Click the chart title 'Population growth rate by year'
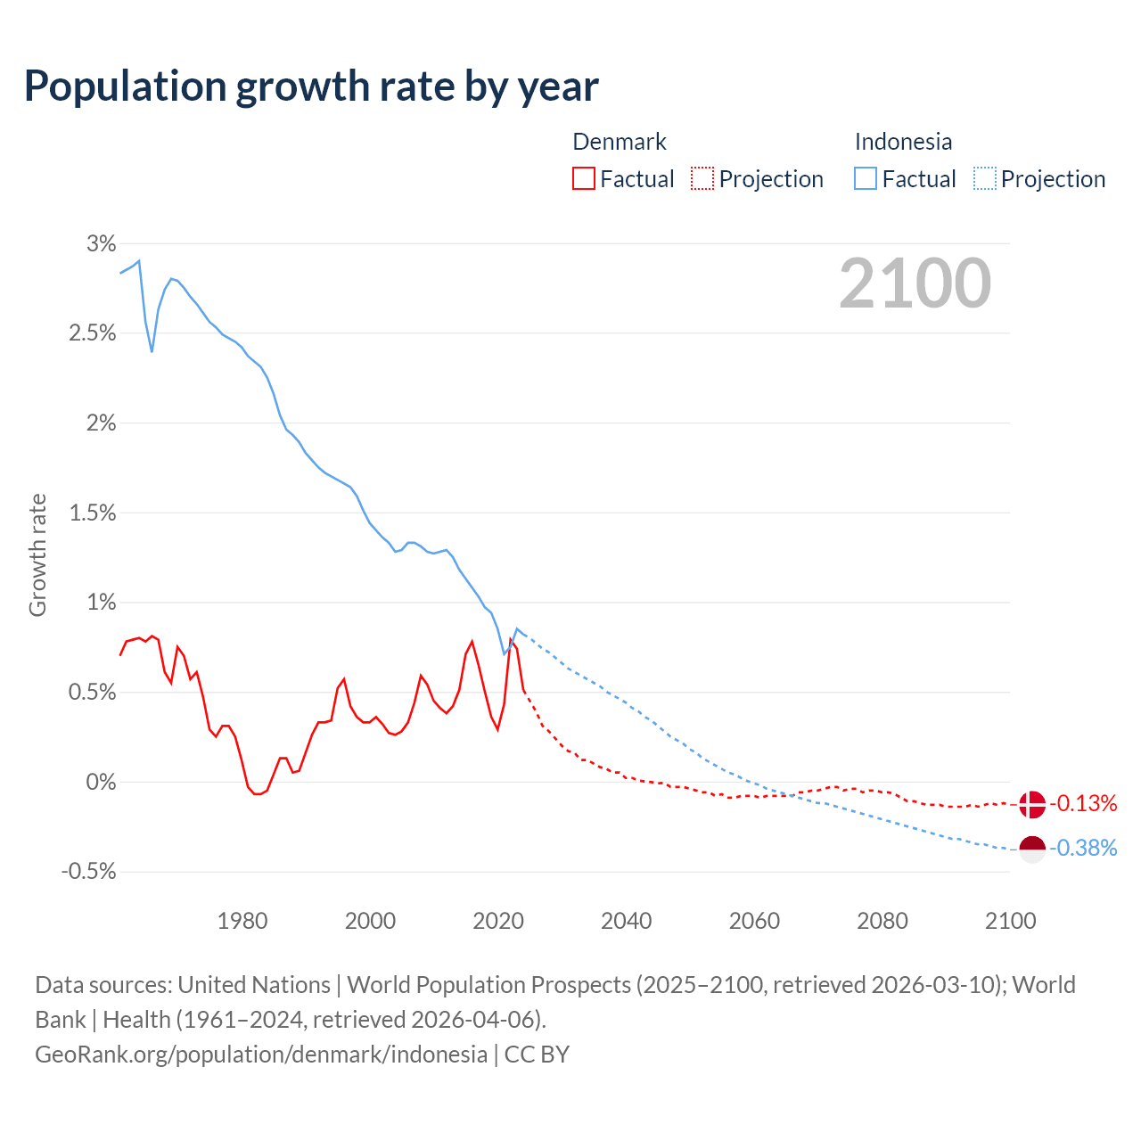(x=311, y=86)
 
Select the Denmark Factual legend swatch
(x=584, y=179)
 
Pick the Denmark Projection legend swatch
(x=702, y=179)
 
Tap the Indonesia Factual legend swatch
(x=866, y=179)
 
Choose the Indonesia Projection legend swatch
(x=984, y=179)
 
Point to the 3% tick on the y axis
(x=102, y=243)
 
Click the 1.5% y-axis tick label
(x=93, y=513)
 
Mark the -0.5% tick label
(x=89, y=872)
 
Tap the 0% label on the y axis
(x=101, y=782)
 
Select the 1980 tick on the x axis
(x=242, y=921)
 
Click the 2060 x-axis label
(x=754, y=921)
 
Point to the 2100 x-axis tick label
(x=1010, y=921)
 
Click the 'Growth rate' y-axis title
(x=37, y=555)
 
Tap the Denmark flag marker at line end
(x=1031, y=804)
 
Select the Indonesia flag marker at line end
(x=1031, y=850)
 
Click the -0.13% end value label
(x=1083, y=804)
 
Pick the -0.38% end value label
(x=1083, y=849)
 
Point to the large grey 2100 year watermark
(x=915, y=283)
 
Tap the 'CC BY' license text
(x=537, y=1055)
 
